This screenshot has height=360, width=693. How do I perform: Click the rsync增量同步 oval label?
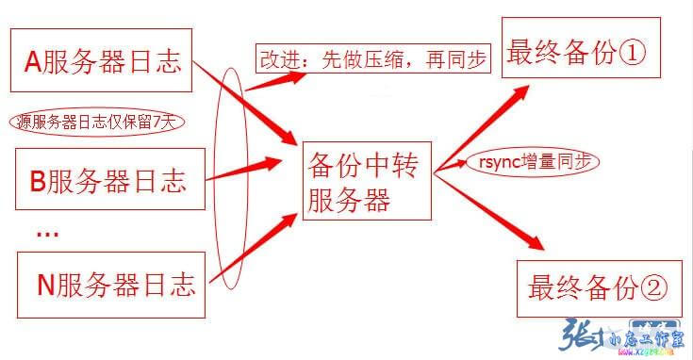click(533, 162)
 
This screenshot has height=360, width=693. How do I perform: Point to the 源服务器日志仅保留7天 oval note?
click(98, 122)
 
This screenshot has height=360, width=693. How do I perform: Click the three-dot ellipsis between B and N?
click(47, 232)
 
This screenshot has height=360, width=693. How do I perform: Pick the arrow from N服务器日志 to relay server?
click(250, 251)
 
